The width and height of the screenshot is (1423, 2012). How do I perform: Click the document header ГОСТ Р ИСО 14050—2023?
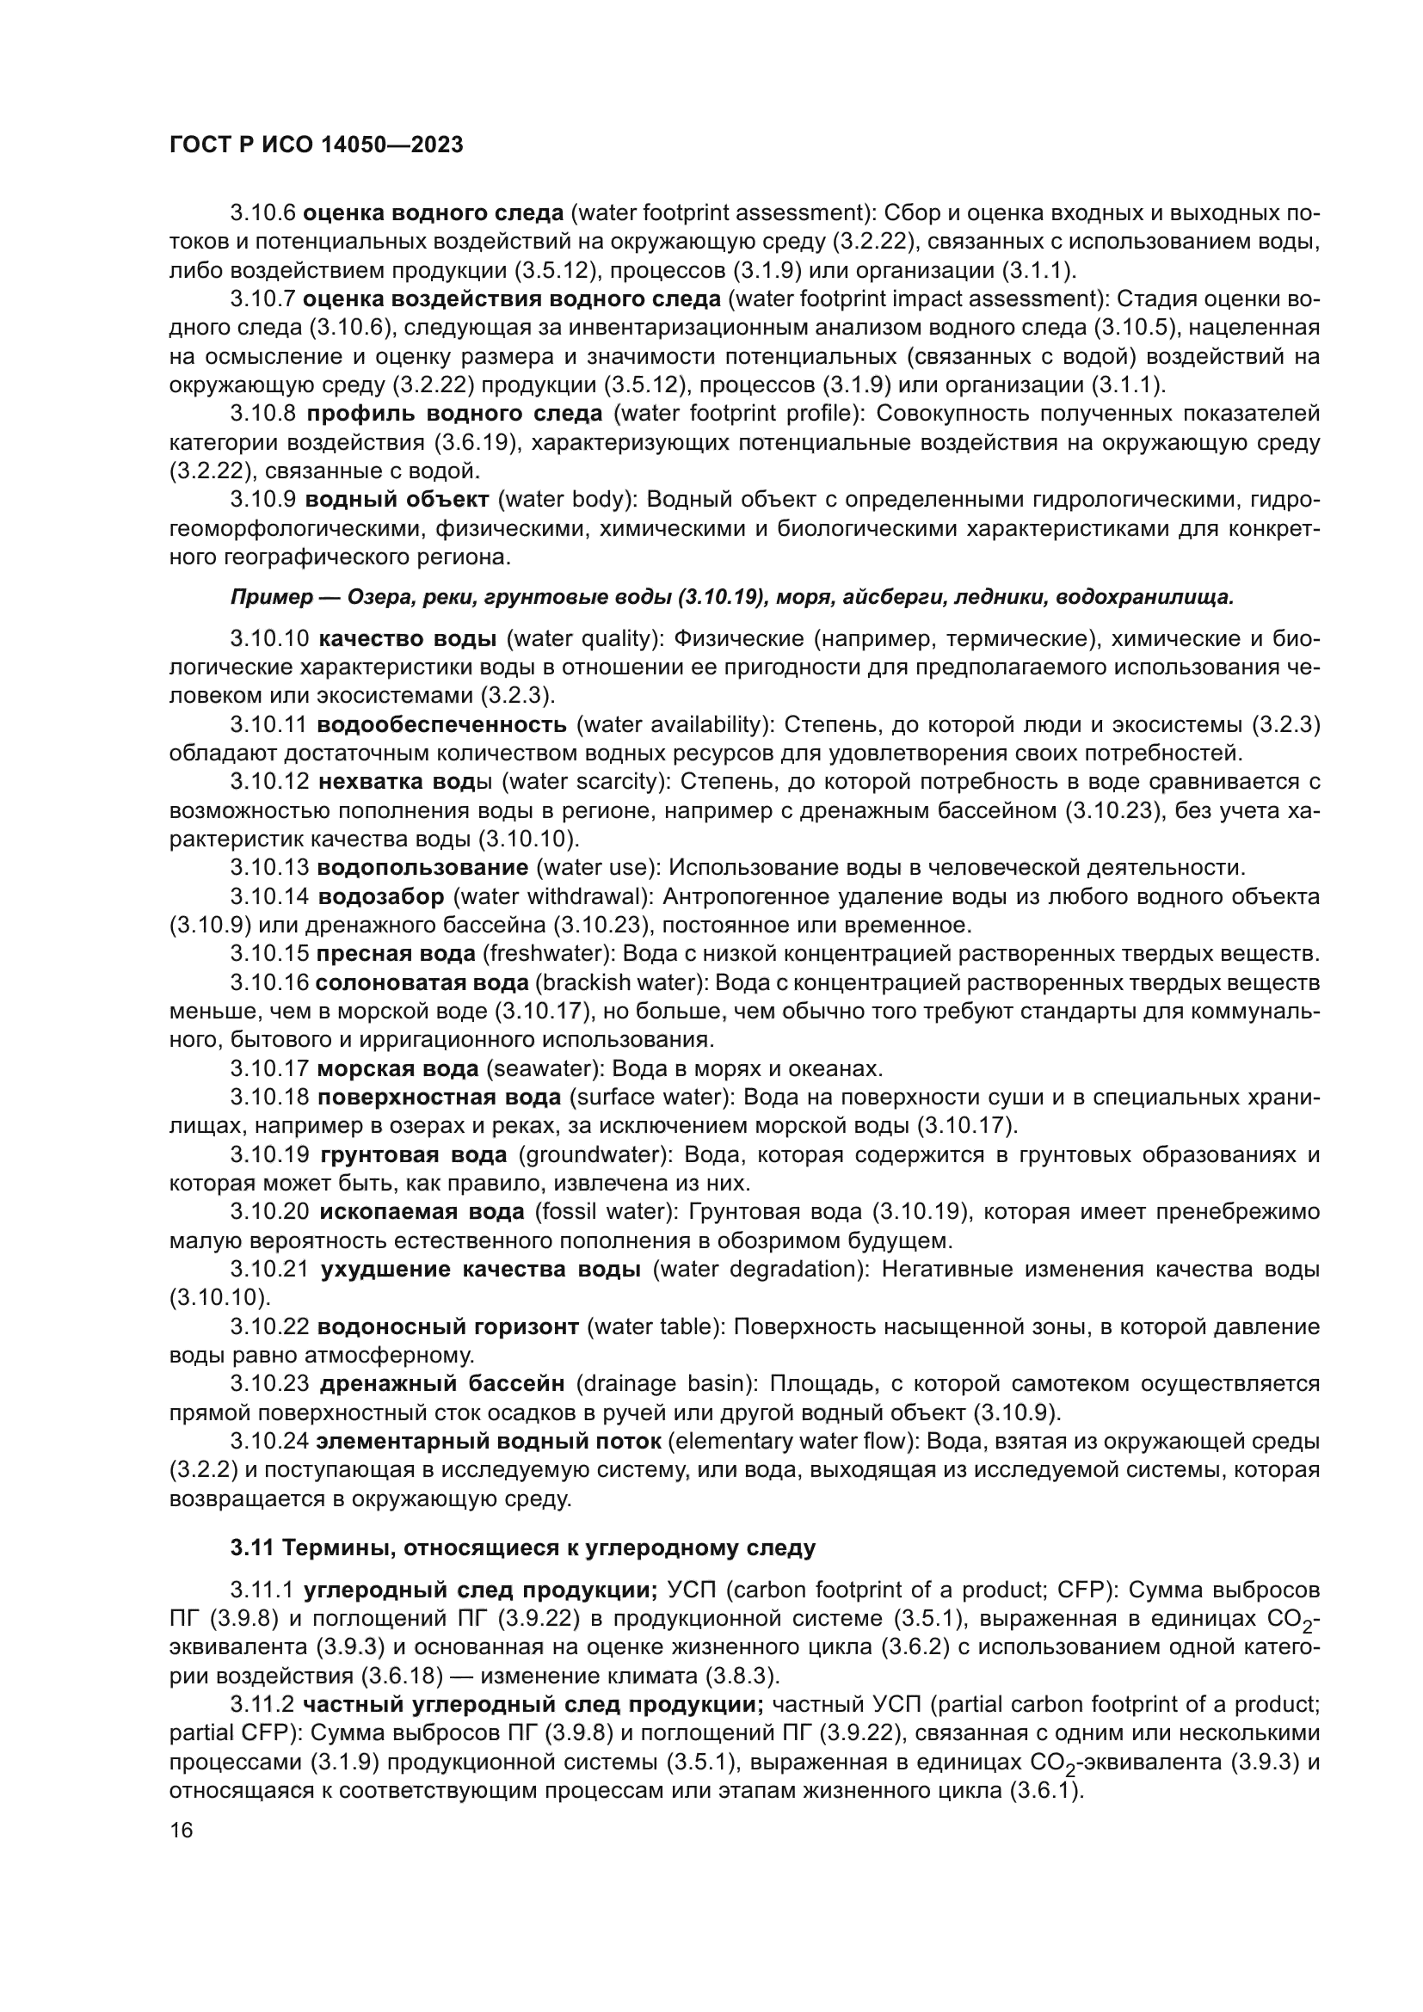point(316,145)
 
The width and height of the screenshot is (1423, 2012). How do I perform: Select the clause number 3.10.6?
point(263,213)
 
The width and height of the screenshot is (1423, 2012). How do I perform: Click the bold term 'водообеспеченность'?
point(441,724)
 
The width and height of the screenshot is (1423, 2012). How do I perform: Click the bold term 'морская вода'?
point(397,1069)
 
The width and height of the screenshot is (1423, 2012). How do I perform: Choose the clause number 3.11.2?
point(263,1704)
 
